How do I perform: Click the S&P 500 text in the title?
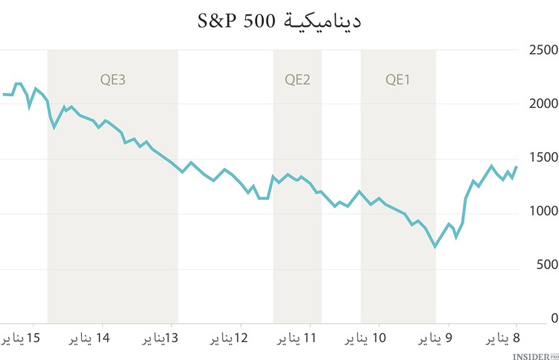(237, 21)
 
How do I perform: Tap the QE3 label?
(113, 79)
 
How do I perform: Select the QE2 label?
(297, 79)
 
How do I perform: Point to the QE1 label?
(398, 79)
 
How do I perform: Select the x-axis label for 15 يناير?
(21, 338)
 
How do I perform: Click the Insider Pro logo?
(534, 354)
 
